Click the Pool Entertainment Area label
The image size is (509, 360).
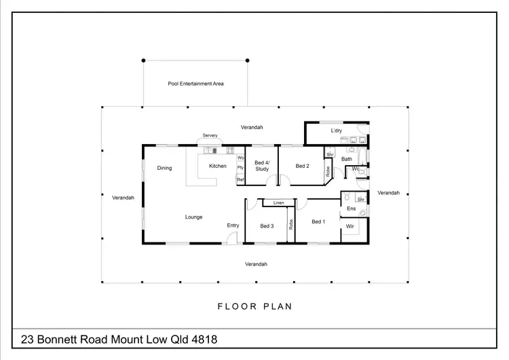point(195,84)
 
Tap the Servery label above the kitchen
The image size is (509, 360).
point(210,135)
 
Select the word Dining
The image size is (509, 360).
point(164,168)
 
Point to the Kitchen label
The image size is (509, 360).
point(217,166)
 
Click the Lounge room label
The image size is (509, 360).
point(193,217)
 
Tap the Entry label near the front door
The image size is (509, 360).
point(233,226)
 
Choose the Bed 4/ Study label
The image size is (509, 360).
point(262,166)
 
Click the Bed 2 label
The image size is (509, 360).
point(303,166)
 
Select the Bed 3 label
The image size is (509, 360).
point(267,226)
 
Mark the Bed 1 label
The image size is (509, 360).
point(318,221)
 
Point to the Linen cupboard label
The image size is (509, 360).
point(278,203)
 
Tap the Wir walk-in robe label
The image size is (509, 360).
point(350,226)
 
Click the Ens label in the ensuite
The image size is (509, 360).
point(351,209)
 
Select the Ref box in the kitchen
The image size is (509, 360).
point(240,179)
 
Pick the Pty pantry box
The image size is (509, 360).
point(240,168)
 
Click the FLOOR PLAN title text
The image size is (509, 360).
point(254,306)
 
